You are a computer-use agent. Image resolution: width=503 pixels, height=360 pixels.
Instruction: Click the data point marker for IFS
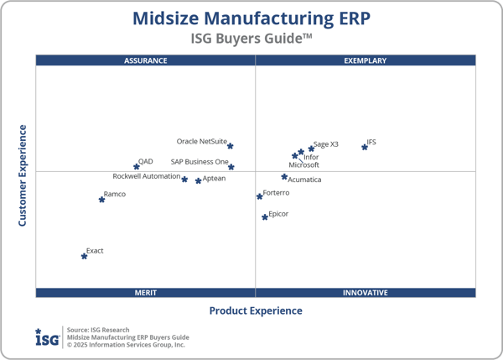pyautogui.click(x=365, y=147)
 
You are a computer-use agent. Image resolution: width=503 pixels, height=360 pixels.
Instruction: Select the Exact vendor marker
pyautogui.click(x=84, y=255)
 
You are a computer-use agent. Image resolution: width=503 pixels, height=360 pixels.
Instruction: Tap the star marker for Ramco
pyautogui.click(x=101, y=199)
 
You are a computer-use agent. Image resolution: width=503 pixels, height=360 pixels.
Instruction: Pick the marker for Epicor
pyautogui.click(x=265, y=217)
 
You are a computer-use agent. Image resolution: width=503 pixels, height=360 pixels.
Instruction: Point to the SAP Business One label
pyautogui.click(x=200, y=162)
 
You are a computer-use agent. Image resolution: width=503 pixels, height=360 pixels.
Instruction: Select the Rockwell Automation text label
pyautogui.click(x=147, y=176)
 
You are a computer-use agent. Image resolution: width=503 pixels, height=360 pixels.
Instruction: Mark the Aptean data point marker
pyautogui.click(x=199, y=180)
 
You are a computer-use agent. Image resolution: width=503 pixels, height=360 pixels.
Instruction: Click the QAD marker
pyautogui.click(x=137, y=166)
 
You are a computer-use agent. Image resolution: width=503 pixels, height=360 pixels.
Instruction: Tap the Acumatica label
pyautogui.click(x=304, y=180)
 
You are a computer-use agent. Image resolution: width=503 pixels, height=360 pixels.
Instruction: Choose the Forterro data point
pyautogui.click(x=259, y=196)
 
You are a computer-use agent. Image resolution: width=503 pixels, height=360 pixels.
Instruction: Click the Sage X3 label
pyautogui.click(x=326, y=144)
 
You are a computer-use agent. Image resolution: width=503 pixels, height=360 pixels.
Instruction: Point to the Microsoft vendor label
pyautogui.click(x=304, y=165)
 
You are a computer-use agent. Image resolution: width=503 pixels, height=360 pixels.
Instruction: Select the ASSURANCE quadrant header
pyautogui.click(x=146, y=60)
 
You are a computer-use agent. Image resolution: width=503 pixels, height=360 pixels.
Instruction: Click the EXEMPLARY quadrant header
pyautogui.click(x=366, y=60)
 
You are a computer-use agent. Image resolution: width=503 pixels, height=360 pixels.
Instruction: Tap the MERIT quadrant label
pyautogui.click(x=146, y=293)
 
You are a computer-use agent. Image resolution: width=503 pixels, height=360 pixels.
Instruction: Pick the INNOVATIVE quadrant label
pyautogui.click(x=366, y=293)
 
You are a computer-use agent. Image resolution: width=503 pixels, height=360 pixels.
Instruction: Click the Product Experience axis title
pyautogui.click(x=256, y=311)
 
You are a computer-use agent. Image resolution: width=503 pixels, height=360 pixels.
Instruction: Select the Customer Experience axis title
pyautogui.click(x=23, y=175)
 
